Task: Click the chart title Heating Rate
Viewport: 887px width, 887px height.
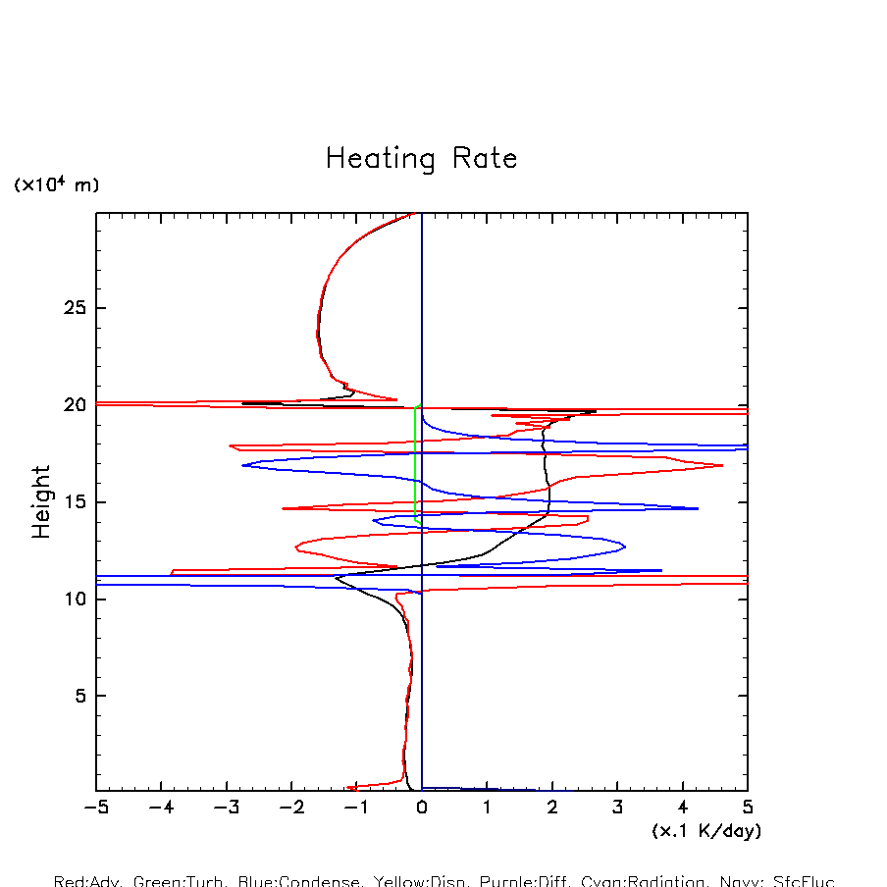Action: (421, 159)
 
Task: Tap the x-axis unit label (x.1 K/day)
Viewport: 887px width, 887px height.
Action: (706, 831)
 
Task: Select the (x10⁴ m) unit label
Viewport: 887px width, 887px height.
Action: (56, 184)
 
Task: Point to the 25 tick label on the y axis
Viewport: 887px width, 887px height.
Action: (77, 308)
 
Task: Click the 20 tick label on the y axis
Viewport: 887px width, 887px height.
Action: (77, 405)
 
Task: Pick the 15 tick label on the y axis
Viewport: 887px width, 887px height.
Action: (77, 502)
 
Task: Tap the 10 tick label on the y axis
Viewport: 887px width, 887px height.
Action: (77, 599)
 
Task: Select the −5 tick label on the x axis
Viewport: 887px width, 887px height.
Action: (96, 809)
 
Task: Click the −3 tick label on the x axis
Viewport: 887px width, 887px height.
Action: (227, 809)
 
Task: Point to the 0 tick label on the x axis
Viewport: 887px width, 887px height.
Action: (422, 809)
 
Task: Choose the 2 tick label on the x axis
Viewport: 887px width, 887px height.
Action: (552, 809)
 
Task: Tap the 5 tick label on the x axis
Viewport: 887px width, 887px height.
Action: (748, 809)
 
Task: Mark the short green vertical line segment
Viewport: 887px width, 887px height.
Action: (415, 461)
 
